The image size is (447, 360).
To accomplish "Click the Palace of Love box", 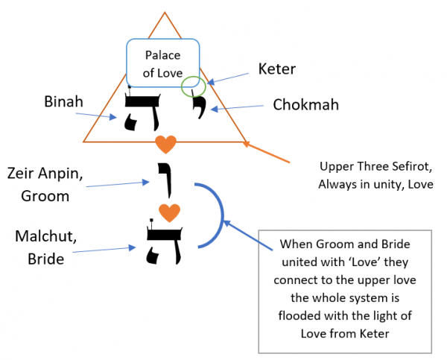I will (x=162, y=63).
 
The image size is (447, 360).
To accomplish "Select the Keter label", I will (x=277, y=69).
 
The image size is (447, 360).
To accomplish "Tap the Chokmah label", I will (x=305, y=105).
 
